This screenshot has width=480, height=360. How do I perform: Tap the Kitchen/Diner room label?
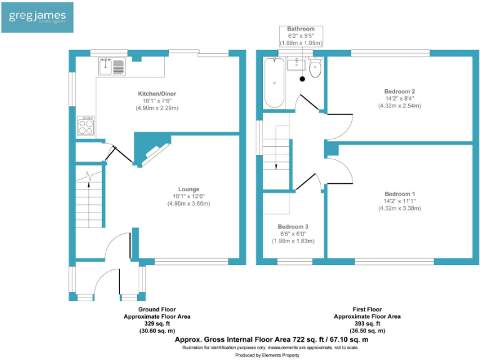(157, 94)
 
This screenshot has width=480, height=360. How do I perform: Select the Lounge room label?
(188, 189)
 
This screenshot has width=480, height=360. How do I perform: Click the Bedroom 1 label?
(399, 193)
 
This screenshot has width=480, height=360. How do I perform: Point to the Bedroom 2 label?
(399, 91)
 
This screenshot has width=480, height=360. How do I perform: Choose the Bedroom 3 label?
(293, 226)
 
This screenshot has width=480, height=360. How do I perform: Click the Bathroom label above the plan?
(301, 29)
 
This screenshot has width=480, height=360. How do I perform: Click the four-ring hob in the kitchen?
(86, 126)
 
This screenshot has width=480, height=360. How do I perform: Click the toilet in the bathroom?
(315, 68)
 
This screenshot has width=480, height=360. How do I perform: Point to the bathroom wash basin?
(295, 64)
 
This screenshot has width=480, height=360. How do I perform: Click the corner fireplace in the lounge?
(153, 152)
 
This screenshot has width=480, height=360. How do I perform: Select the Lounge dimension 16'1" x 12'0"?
(188, 196)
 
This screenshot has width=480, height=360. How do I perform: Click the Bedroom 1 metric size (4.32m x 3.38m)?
(399, 208)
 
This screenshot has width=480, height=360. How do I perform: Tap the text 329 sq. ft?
(156, 324)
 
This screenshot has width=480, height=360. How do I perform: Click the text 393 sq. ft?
(367, 324)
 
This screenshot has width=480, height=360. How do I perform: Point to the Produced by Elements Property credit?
(267, 355)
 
